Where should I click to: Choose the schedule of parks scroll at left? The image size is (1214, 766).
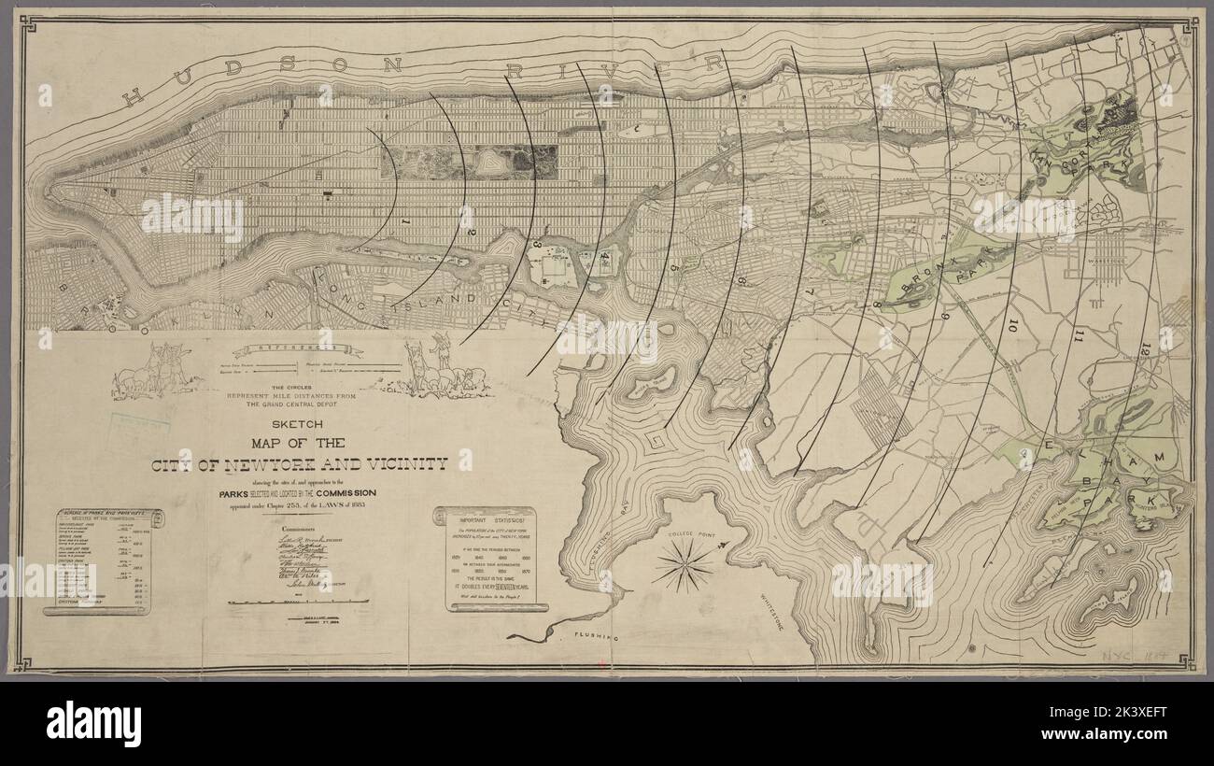105,561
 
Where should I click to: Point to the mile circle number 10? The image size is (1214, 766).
1013,326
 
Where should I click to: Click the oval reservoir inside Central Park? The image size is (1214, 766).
487,163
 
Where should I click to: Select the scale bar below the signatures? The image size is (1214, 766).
298,602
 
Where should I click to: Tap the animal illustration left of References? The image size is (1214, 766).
157,371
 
